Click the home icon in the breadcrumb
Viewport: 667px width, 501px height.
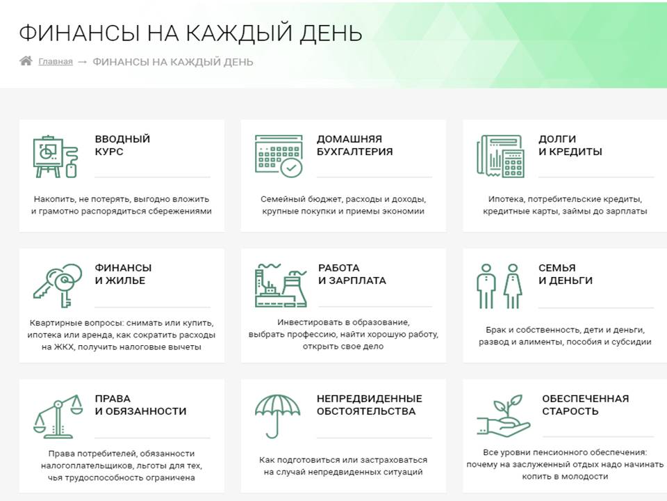tap(26, 61)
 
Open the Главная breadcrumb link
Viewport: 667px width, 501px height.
tap(56, 62)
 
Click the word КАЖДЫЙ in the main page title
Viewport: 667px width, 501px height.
tap(239, 33)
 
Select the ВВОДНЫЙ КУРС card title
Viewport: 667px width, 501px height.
tap(122, 145)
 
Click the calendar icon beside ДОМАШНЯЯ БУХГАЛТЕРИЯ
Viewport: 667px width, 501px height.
tap(279, 155)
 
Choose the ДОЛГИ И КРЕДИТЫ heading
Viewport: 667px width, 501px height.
tap(570, 145)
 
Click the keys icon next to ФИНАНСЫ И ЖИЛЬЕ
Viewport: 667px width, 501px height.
tap(58, 285)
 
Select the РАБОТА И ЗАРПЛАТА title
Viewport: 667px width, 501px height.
tap(352, 274)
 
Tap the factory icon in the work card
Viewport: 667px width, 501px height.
tap(281, 285)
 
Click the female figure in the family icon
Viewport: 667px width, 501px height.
tap(513, 286)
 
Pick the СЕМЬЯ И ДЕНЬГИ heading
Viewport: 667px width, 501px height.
tap(566, 274)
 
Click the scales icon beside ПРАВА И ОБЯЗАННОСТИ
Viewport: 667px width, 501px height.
tap(58, 416)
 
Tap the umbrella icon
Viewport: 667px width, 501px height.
tap(277, 416)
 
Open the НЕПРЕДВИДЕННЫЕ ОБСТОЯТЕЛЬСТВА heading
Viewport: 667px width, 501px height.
tap(369, 405)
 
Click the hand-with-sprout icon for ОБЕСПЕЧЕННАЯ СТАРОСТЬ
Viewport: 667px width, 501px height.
tap(503, 416)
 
